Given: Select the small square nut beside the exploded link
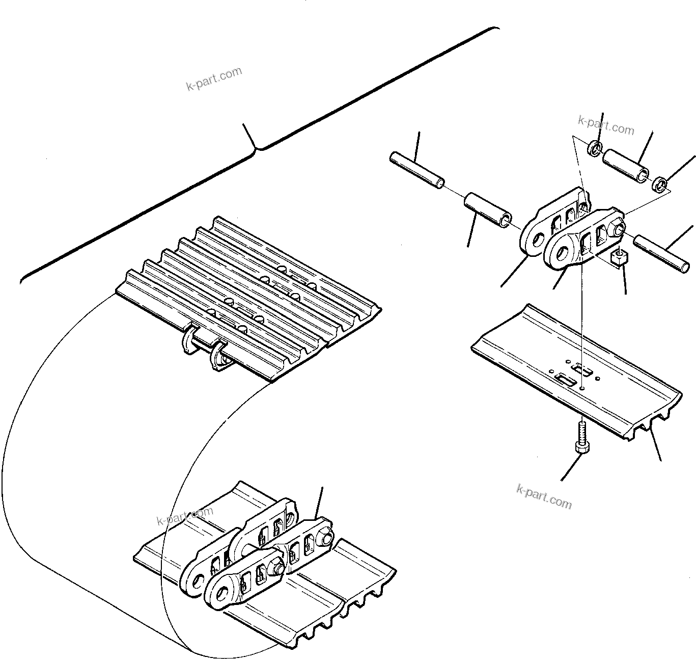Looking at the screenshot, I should click(x=618, y=258).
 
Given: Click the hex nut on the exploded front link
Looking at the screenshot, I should click(x=619, y=229).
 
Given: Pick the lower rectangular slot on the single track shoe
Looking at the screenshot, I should click(x=565, y=379).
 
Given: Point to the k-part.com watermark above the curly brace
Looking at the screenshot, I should click(x=214, y=79).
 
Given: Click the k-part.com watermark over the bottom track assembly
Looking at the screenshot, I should click(x=184, y=516).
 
